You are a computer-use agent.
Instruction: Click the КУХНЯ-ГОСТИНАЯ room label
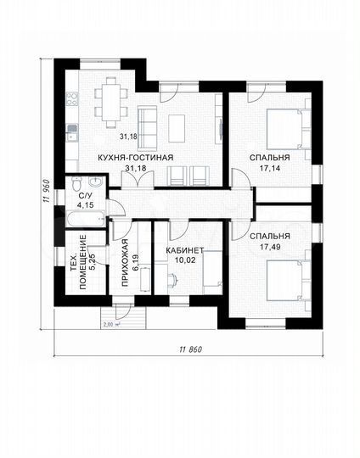(x=135, y=158)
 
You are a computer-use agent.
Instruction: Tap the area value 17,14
(x=270, y=168)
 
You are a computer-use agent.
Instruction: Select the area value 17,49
(x=270, y=247)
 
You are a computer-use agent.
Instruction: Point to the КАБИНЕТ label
(x=184, y=250)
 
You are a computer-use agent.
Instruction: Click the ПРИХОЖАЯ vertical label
(x=125, y=263)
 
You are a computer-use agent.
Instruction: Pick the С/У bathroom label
(x=85, y=196)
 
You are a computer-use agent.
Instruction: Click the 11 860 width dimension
(x=191, y=349)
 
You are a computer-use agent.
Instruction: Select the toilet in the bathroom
(x=76, y=183)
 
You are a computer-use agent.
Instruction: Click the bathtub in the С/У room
(x=86, y=219)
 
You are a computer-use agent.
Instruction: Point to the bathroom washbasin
(x=96, y=182)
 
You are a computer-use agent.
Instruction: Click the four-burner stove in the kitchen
(x=72, y=98)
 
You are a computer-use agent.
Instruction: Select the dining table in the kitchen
(x=111, y=103)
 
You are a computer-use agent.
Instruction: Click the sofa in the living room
(x=148, y=127)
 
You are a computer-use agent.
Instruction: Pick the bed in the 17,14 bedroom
(x=289, y=129)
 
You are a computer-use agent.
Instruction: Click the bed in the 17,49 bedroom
(x=289, y=281)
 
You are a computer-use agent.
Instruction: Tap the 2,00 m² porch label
(x=112, y=324)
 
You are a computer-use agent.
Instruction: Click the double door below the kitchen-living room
(x=138, y=179)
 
